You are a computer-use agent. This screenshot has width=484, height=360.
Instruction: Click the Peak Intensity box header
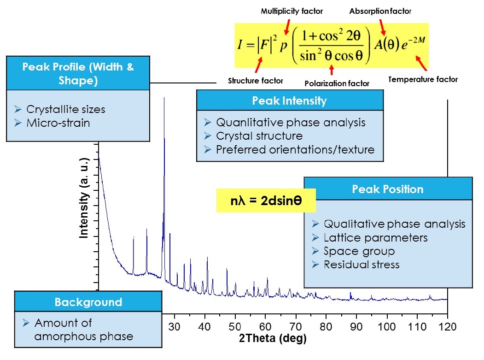[x=289, y=100]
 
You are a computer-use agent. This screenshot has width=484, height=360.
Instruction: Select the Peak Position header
[x=388, y=189]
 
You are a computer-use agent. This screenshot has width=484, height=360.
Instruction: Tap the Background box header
[x=88, y=302]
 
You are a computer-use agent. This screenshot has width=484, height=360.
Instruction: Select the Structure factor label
[x=256, y=81]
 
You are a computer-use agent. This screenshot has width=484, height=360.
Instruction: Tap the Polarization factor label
[x=337, y=83]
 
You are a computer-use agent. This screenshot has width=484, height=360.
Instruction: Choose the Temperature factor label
[x=423, y=79]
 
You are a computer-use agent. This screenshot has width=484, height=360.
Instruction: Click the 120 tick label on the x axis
[x=447, y=327]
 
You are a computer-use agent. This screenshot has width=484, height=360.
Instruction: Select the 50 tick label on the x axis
[x=235, y=327]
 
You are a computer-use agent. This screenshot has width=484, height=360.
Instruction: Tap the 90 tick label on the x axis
[x=356, y=327]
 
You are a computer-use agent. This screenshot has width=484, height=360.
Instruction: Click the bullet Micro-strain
[x=58, y=123]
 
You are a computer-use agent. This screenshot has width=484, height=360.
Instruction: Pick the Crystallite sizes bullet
[x=66, y=110]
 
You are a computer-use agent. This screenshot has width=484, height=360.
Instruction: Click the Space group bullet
[x=359, y=251]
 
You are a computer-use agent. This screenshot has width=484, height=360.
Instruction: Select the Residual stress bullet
[x=362, y=265]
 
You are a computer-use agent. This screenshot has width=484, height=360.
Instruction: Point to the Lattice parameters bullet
[x=376, y=238]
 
